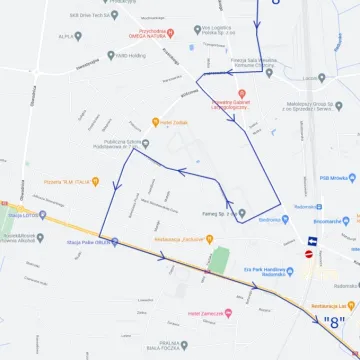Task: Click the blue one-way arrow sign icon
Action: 311,241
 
